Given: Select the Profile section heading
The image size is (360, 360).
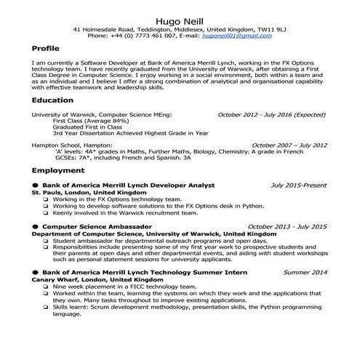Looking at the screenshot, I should click(46, 48).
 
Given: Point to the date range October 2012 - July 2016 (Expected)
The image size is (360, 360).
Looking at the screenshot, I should click(272, 115).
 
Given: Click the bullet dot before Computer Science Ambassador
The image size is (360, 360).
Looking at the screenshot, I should click(35, 227).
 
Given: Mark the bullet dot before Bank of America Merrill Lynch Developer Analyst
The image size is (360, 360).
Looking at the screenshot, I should click(35, 185).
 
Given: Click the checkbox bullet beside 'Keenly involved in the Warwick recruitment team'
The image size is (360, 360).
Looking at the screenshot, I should click(46, 214).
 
